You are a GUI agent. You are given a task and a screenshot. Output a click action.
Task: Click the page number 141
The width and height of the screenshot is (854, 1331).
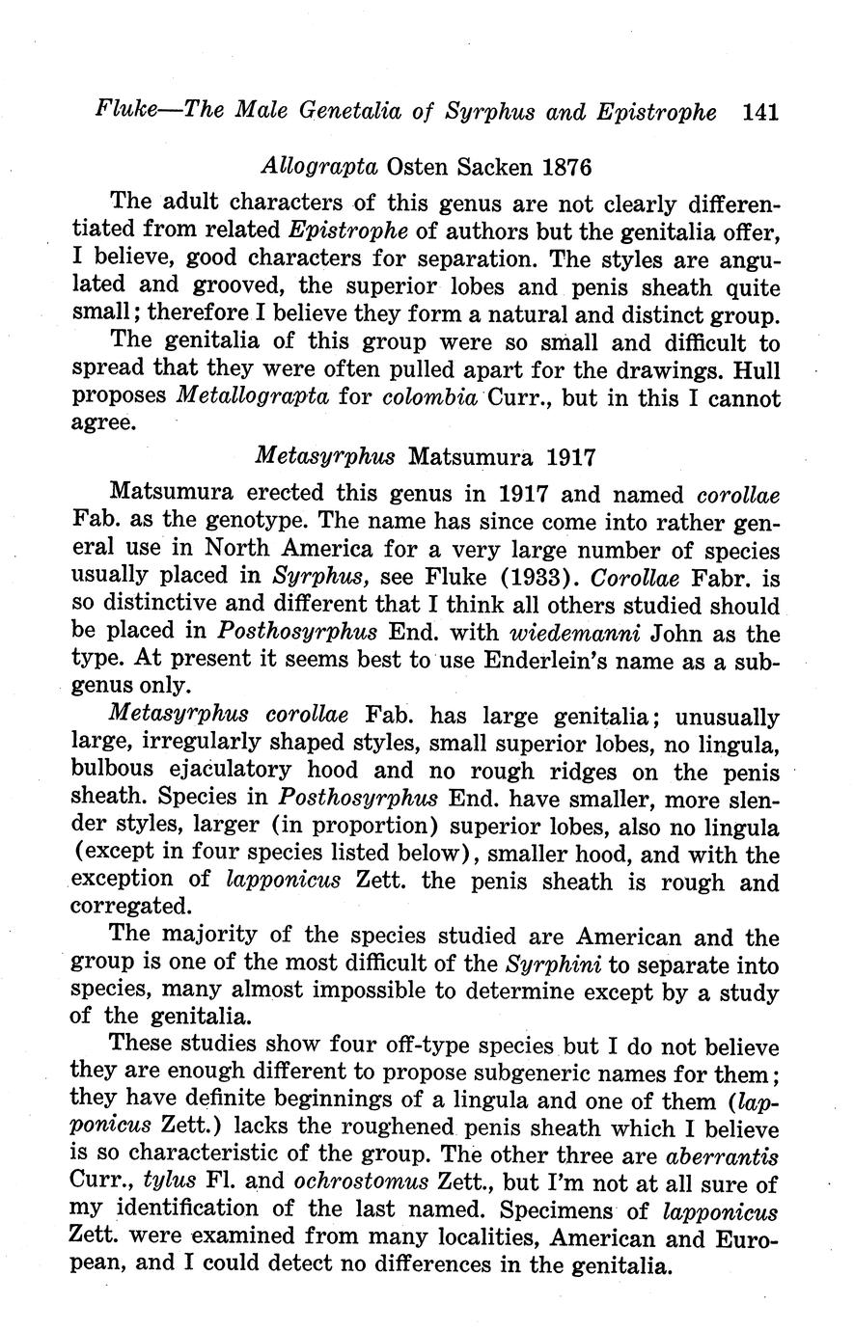tap(760, 112)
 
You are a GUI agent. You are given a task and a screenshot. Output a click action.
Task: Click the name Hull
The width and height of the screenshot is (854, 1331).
tap(756, 370)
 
